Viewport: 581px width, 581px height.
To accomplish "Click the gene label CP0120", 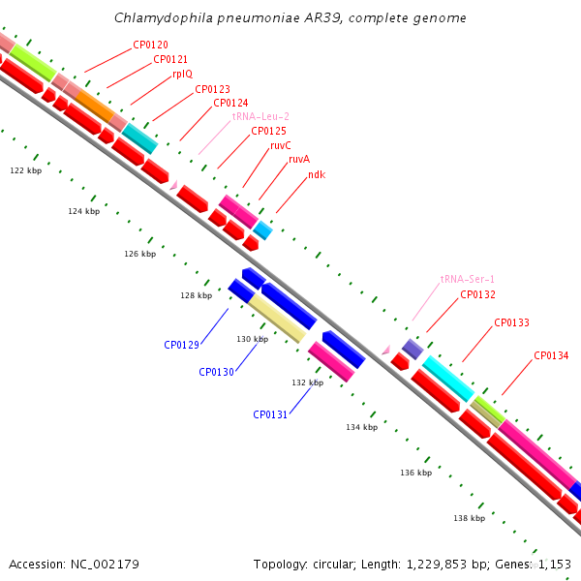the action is [x=150, y=45].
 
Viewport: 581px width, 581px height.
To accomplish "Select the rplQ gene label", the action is [x=183, y=75].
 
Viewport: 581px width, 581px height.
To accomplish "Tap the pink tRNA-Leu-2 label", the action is [x=260, y=117].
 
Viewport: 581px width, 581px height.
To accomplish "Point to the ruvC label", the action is [x=281, y=145].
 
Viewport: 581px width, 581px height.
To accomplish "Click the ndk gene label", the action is [x=317, y=174].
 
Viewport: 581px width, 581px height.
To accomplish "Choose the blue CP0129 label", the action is [x=182, y=345].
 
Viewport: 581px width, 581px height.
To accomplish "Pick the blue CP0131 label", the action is [x=270, y=414].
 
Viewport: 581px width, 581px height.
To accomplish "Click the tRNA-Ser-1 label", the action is [x=468, y=279].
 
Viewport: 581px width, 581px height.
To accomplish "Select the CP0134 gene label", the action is [x=551, y=355].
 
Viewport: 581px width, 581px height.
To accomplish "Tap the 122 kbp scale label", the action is [x=26, y=170].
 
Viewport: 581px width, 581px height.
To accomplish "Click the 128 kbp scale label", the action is [x=197, y=295].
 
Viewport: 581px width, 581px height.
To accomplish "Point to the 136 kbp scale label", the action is [x=416, y=473].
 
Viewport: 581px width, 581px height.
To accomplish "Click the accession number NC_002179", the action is [x=105, y=565].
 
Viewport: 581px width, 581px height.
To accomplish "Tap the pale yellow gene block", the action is [x=277, y=319].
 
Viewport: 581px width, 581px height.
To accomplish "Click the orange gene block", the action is [x=95, y=106].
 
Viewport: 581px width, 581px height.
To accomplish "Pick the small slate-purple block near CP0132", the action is [x=413, y=349].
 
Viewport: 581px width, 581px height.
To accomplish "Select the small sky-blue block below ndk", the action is [x=262, y=230].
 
